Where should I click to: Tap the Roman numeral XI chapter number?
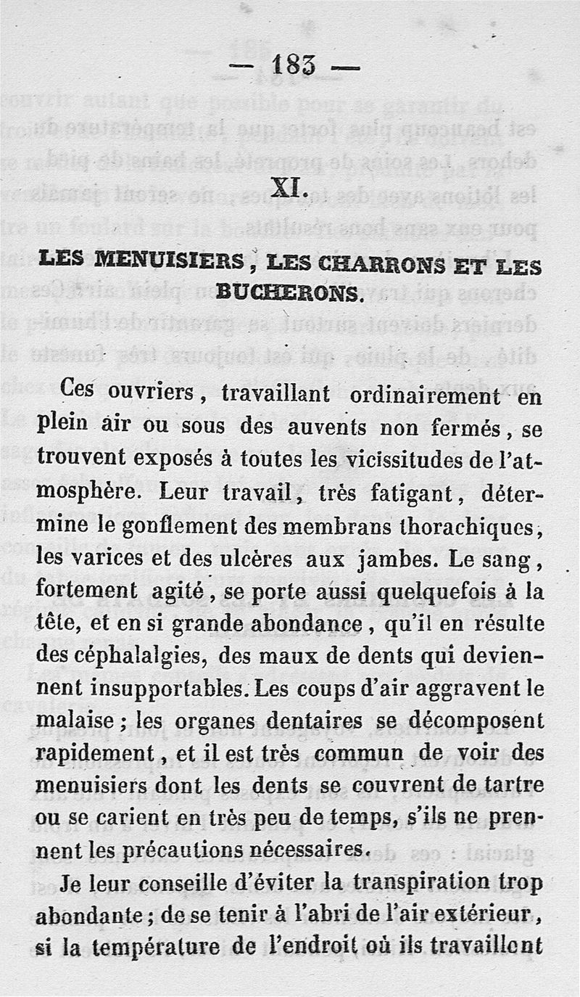click(x=289, y=189)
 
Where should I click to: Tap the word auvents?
click(x=328, y=427)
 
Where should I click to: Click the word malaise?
click(x=75, y=721)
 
